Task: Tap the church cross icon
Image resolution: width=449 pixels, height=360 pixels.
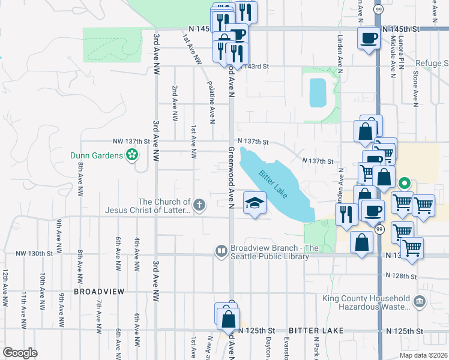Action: [x=199, y=206]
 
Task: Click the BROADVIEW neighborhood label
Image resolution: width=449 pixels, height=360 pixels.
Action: [x=99, y=291]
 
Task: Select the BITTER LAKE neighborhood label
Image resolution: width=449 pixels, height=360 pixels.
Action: [x=316, y=331]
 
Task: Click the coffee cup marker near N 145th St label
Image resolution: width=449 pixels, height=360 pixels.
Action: [x=368, y=39]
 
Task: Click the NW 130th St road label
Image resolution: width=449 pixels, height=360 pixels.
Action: [x=35, y=254]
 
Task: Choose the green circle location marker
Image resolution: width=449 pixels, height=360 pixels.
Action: [x=405, y=184]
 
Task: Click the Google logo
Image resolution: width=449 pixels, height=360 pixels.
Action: [x=20, y=353]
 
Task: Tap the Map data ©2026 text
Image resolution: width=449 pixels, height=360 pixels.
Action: [x=426, y=355]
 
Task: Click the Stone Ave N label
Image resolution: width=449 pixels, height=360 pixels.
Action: [x=415, y=90]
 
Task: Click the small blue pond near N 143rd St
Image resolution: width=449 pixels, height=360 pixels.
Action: [x=317, y=92]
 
